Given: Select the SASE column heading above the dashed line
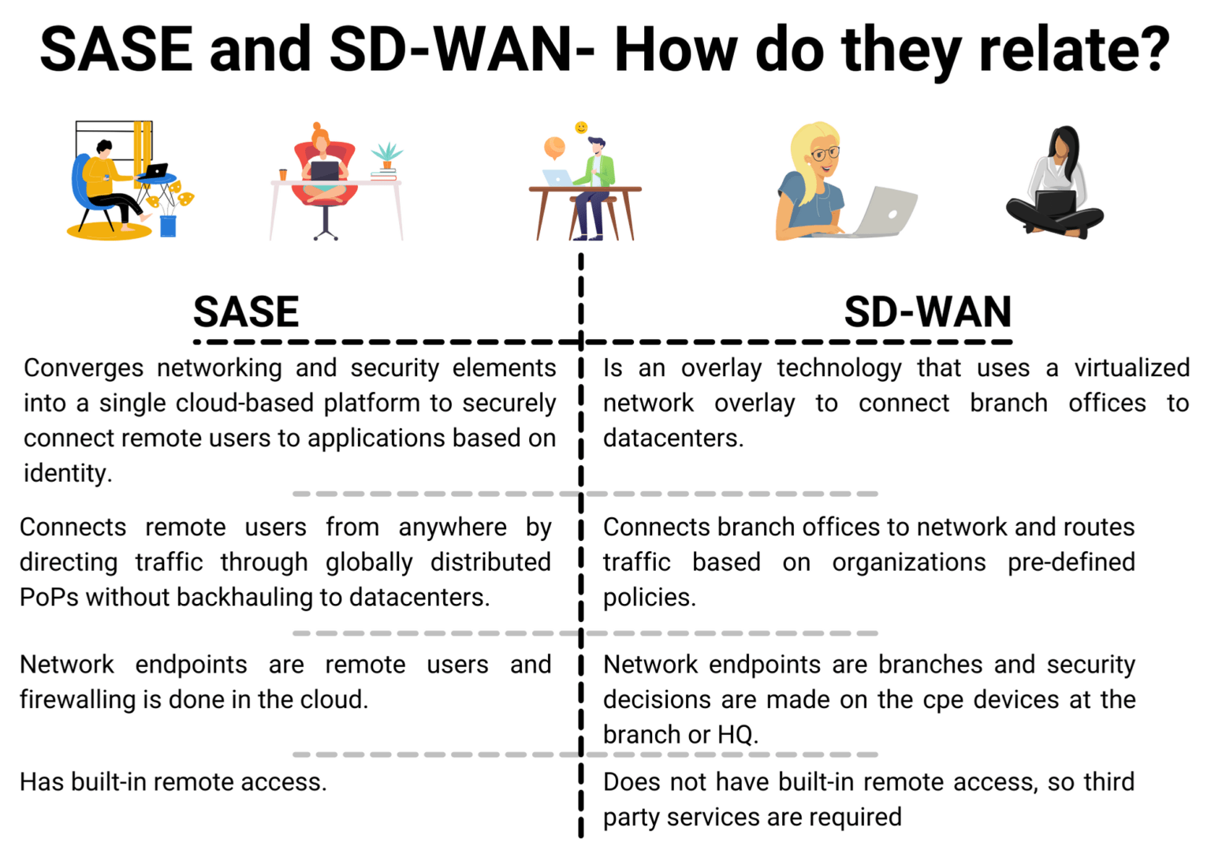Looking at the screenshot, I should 246,312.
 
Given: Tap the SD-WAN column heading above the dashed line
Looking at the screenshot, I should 927,312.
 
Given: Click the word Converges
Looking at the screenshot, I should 84,368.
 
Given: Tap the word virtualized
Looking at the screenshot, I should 1131,368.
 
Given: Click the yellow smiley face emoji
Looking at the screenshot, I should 581,128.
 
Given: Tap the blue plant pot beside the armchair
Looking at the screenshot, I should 168,226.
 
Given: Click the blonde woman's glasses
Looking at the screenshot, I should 825,153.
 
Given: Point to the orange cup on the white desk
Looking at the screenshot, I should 283,175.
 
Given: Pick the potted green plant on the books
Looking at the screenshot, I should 386,154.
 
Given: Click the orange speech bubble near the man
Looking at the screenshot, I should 554,147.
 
